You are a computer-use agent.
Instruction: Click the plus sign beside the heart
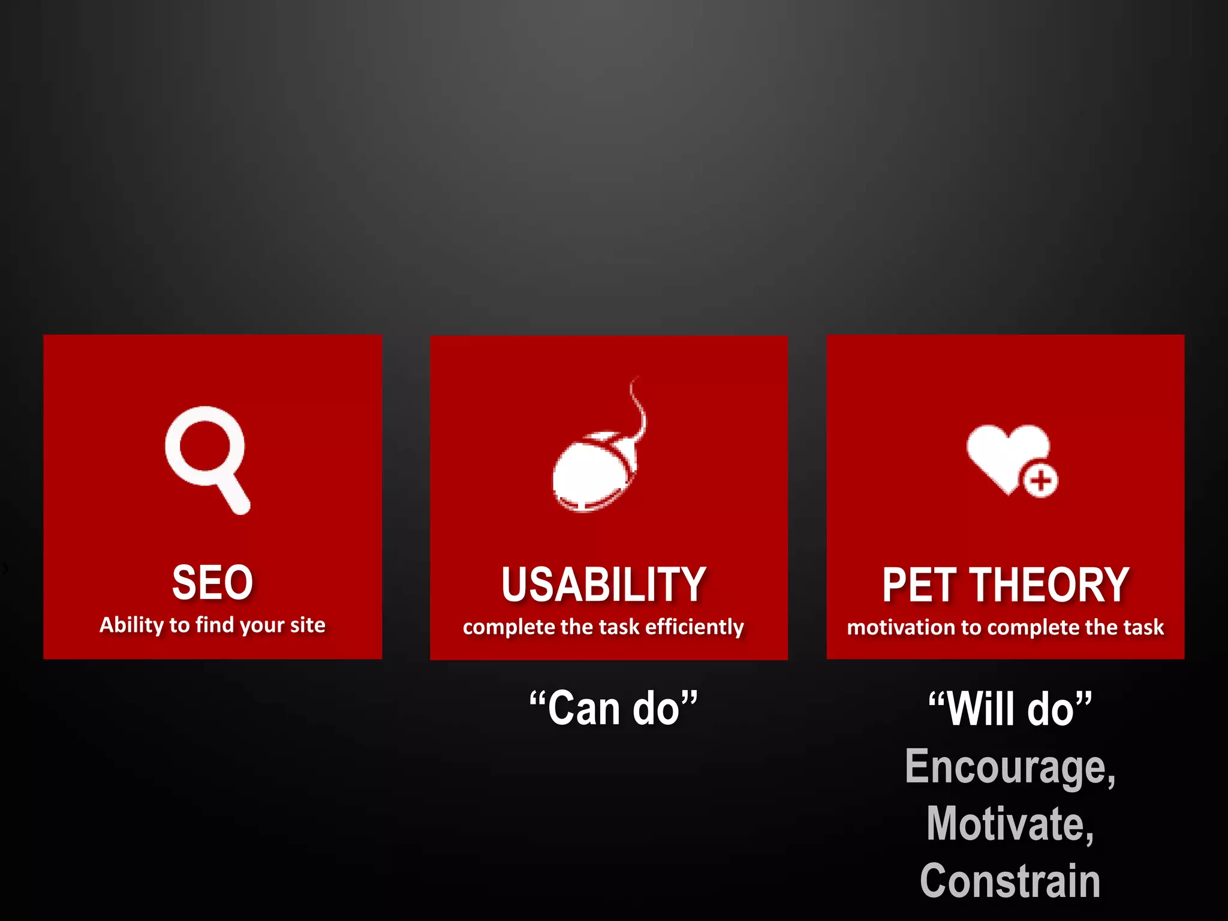click(1040, 480)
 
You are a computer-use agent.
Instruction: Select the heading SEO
click(212, 582)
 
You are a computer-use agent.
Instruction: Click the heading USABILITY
click(603, 585)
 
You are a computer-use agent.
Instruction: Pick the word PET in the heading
click(919, 585)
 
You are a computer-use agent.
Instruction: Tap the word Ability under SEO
click(131, 625)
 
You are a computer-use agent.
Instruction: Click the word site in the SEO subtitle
click(308, 625)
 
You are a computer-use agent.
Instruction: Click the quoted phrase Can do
click(613, 708)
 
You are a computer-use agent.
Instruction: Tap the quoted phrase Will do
click(1010, 709)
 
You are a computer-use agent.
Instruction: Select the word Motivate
click(1010, 824)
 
